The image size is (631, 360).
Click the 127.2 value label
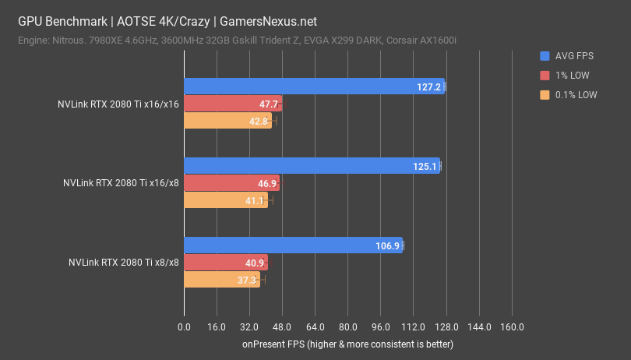tap(429, 86)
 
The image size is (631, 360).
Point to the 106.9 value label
tap(387, 245)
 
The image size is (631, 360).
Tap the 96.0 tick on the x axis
tap(380, 326)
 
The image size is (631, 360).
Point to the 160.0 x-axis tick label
tap(512, 326)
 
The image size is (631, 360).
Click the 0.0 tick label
tap(184, 326)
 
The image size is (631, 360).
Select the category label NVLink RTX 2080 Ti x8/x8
tap(124, 263)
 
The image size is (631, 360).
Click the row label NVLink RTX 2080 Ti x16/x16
tap(118, 104)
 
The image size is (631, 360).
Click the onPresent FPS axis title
tap(347, 344)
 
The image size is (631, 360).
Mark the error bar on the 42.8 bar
tap(273, 121)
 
